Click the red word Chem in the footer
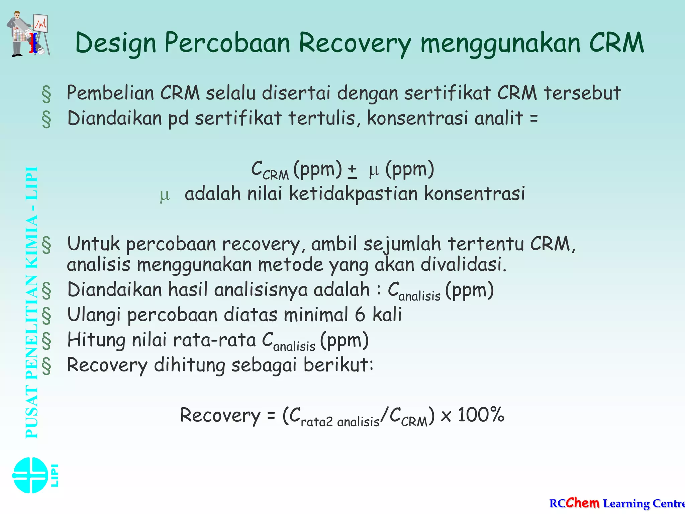[582, 503]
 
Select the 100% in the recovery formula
[481, 415]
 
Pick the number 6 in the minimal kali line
[360, 315]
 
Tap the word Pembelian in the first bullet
[110, 93]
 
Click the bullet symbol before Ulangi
[46, 315]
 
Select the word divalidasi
[464, 264]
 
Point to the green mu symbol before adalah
[165, 195]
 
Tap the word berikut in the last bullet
[338, 365]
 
